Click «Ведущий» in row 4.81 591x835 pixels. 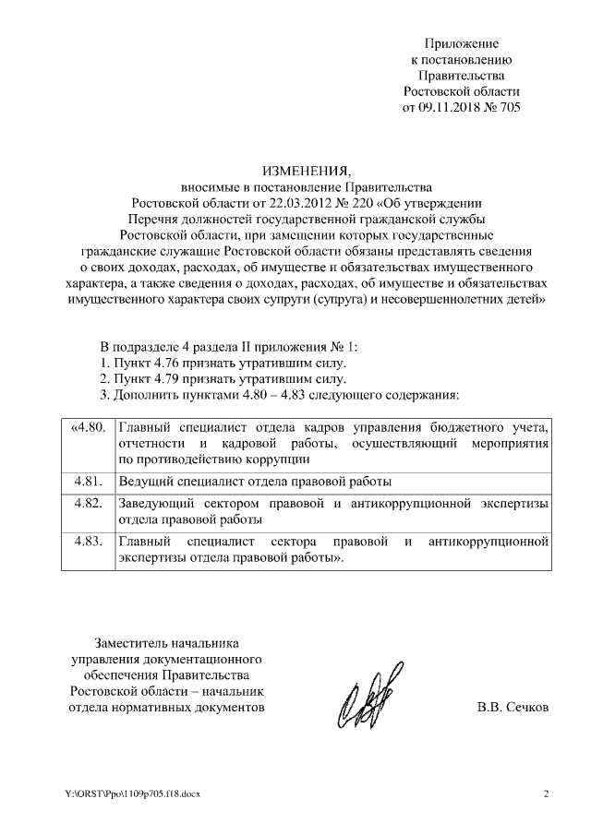[147, 482]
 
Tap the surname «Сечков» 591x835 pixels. [525, 708]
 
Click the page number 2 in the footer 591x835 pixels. [545, 793]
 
